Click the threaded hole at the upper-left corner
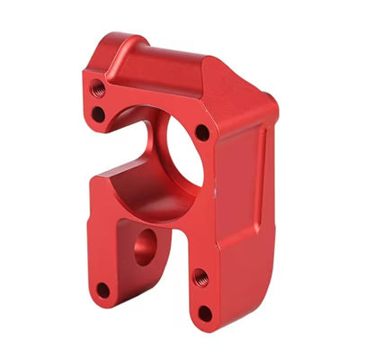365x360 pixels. pyautogui.click(x=98, y=88)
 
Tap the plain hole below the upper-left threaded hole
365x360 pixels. pyautogui.click(x=98, y=114)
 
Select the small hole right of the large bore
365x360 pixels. pyautogui.click(x=202, y=132)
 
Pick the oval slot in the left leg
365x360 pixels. pyautogui.click(x=144, y=245)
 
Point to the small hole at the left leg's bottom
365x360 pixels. pyautogui.click(x=102, y=290)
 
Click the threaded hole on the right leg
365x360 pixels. pyautogui.click(x=200, y=278)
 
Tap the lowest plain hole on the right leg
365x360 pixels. pyautogui.click(x=205, y=312)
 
